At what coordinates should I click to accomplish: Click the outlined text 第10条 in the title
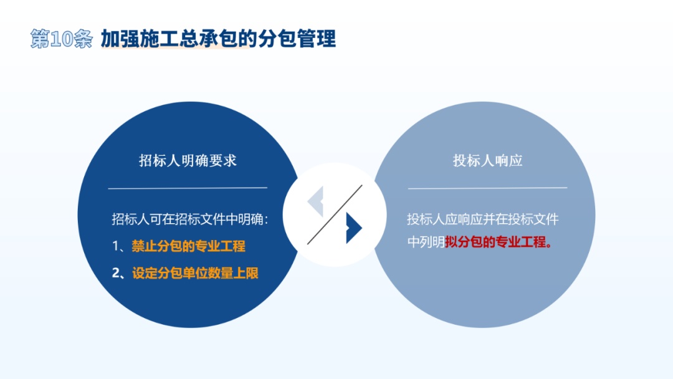pos(61,39)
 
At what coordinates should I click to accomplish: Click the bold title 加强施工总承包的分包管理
pos(218,39)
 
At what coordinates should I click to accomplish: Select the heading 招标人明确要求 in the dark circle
pos(188,161)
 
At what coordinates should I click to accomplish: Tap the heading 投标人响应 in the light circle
pos(487,161)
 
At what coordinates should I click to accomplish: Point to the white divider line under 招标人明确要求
pos(188,188)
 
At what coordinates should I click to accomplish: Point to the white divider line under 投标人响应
pos(487,188)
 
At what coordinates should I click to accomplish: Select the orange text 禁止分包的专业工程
pos(188,246)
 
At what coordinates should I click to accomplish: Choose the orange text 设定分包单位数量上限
pos(195,273)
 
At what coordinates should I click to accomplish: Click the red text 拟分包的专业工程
pos(496,242)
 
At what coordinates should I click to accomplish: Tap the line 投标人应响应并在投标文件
pos(483,219)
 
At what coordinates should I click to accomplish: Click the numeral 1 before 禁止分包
pos(115,246)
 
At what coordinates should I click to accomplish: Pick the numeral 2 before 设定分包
pos(115,273)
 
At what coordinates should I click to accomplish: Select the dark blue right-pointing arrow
pos(354,228)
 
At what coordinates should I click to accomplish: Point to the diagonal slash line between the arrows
pos(335,214)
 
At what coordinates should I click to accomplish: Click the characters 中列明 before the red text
pos(426,242)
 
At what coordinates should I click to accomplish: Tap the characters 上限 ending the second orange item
pos(246,273)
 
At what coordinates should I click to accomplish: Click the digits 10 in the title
pos(61,39)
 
